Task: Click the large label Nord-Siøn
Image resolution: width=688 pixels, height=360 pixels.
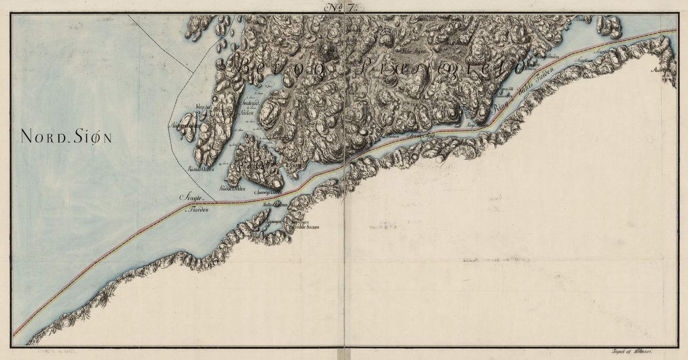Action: point(66,137)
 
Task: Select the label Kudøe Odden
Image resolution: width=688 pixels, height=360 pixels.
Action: point(232,189)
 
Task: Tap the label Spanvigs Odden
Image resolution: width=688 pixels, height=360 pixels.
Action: point(269,192)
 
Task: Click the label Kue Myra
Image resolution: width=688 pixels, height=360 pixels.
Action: point(412,49)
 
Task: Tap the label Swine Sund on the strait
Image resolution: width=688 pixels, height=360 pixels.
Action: point(419,136)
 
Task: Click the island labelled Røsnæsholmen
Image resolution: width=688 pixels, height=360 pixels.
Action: point(187,127)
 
